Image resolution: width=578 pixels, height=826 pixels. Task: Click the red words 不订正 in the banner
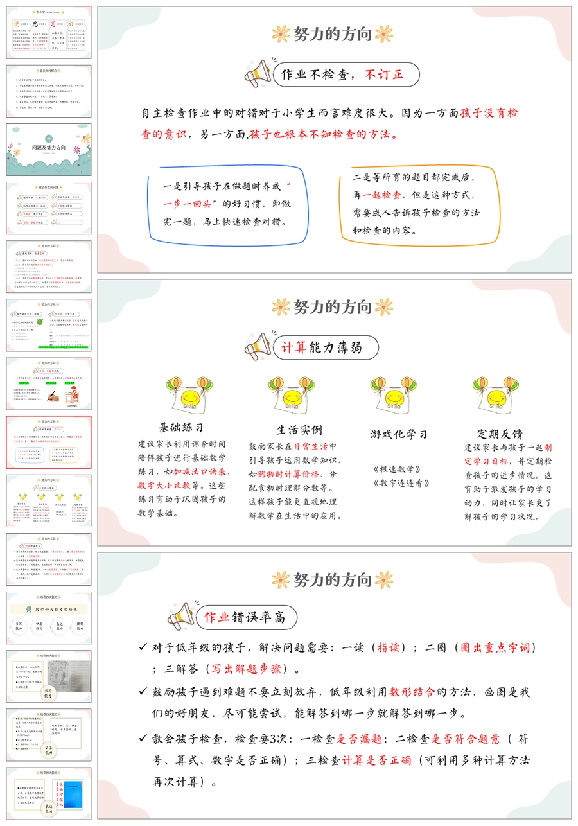(384, 75)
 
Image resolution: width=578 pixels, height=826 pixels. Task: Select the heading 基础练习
(181, 427)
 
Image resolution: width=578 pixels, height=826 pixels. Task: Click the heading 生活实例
(299, 430)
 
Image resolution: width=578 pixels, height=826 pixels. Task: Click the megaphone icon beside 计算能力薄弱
(258, 347)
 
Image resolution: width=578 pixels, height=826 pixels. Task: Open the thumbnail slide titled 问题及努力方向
(49, 149)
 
